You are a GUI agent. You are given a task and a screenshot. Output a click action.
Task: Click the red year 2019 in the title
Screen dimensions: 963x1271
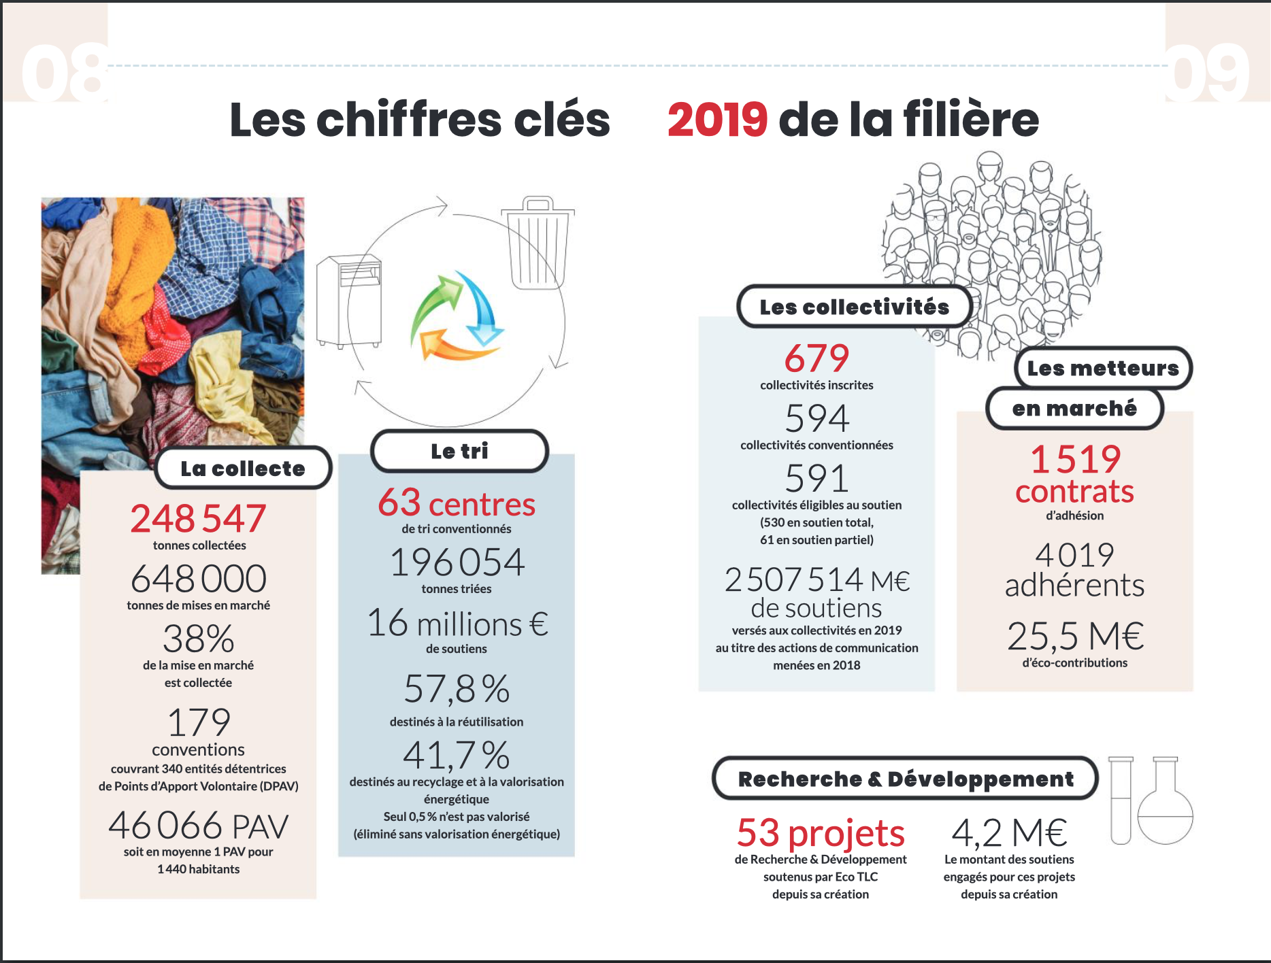point(717,120)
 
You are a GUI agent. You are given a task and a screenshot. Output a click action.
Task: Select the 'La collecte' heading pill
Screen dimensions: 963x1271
point(243,469)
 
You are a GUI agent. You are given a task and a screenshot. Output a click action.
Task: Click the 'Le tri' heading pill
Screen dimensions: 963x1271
point(459,451)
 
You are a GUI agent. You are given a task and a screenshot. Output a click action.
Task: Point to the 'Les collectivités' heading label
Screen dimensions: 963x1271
point(854,307)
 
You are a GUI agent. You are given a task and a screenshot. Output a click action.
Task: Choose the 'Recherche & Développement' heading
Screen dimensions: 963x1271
point(905,779)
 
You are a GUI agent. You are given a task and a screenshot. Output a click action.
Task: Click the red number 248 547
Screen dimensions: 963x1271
point(198,519)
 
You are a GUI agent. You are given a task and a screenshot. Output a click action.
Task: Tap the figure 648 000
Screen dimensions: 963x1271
point(198,579)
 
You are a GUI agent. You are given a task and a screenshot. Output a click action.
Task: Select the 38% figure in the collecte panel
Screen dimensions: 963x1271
point(198,639)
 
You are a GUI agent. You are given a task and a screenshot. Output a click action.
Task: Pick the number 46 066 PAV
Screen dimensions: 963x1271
point(198,826)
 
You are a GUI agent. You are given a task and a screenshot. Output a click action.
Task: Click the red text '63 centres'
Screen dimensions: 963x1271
point(457,504)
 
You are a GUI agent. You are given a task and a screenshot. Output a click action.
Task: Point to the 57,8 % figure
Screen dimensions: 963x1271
point(457,689)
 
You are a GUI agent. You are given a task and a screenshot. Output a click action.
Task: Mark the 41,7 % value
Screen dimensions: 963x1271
point(457,755)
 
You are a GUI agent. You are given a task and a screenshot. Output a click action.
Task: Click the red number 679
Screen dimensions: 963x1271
point(816,358)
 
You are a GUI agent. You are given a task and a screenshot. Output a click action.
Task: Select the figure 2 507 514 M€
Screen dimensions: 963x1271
point(816,580)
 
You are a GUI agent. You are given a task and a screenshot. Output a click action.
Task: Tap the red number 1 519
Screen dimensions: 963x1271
point(1075,459)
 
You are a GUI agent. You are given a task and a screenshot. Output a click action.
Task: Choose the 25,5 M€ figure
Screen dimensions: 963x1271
point(1075,637)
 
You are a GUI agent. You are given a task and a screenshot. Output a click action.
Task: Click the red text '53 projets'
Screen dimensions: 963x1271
point(821,833)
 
